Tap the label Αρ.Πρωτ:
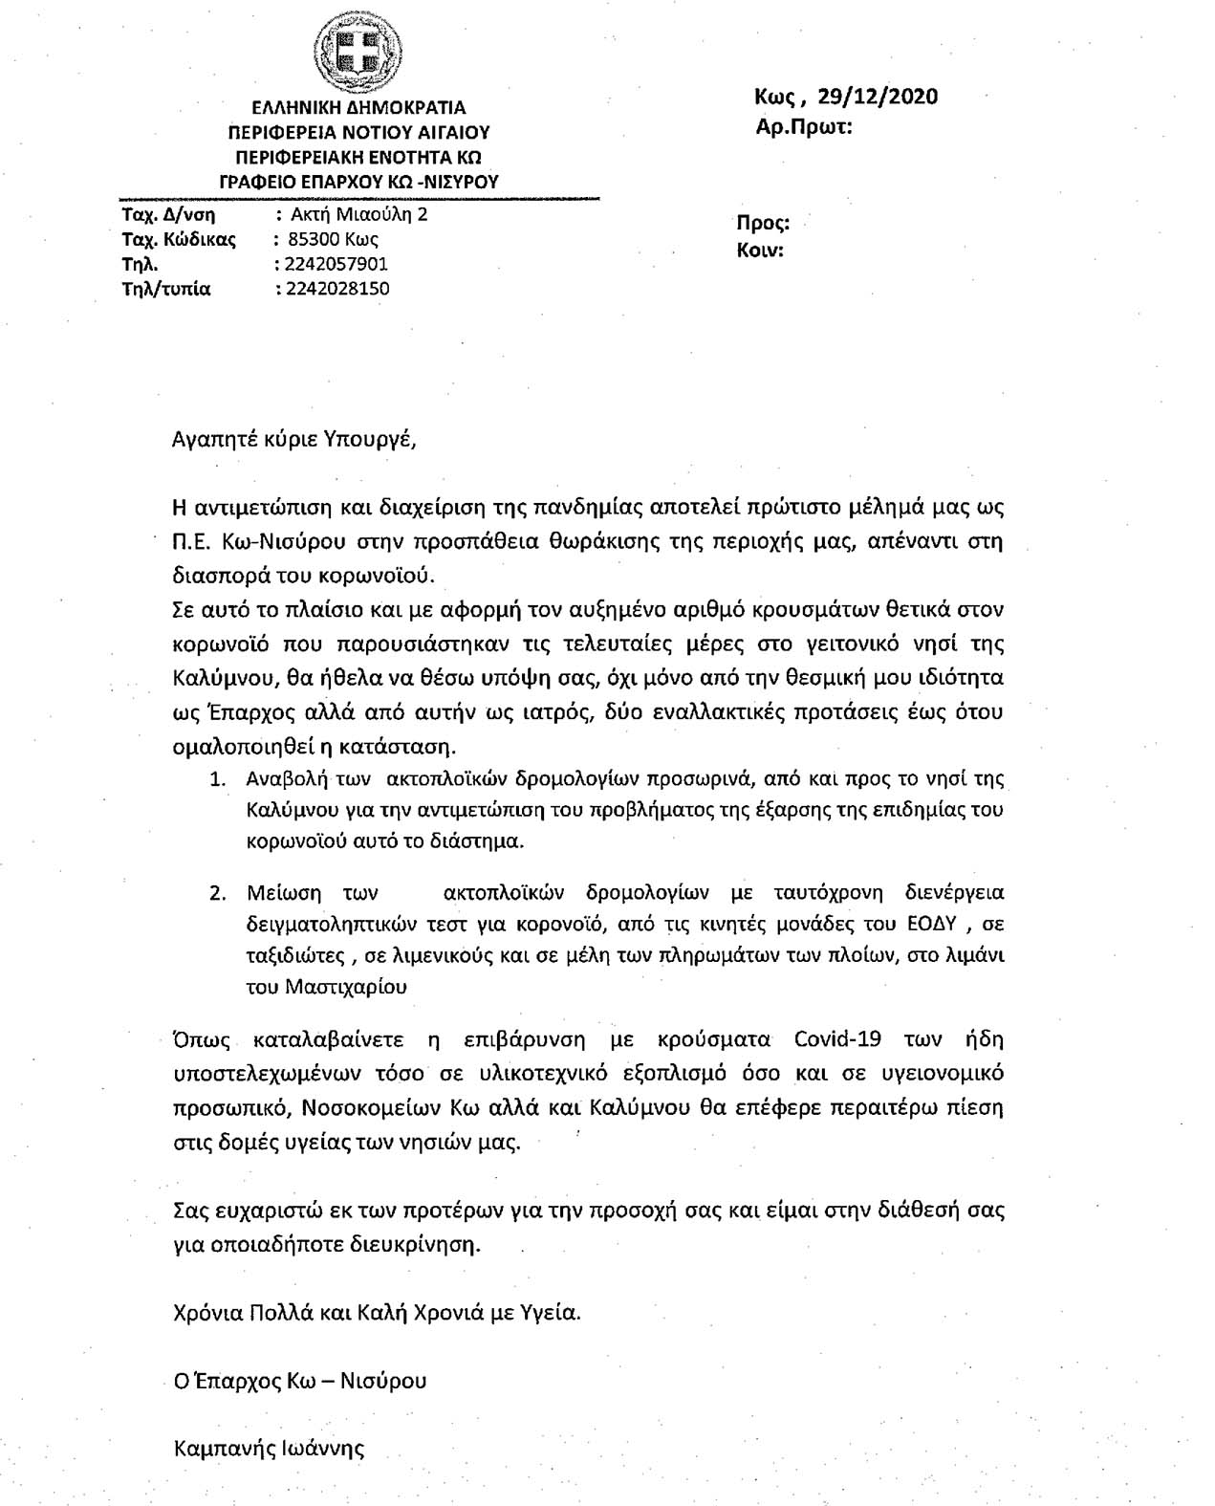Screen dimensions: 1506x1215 [x=804, y=126]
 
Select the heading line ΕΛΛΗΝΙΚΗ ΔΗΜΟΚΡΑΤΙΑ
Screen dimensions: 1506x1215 [x=358, y=108]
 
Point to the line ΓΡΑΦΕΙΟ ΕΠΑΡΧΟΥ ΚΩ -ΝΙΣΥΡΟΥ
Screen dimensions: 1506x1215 [x=358, y=182]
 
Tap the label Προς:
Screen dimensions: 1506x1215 [x=762, y=224]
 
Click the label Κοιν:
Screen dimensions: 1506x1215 [x=760, y=251]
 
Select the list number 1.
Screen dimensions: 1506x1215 [x=217, y=778]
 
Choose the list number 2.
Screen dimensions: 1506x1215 [x=217, y=893]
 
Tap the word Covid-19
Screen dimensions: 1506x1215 [x=842, y=1039]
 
